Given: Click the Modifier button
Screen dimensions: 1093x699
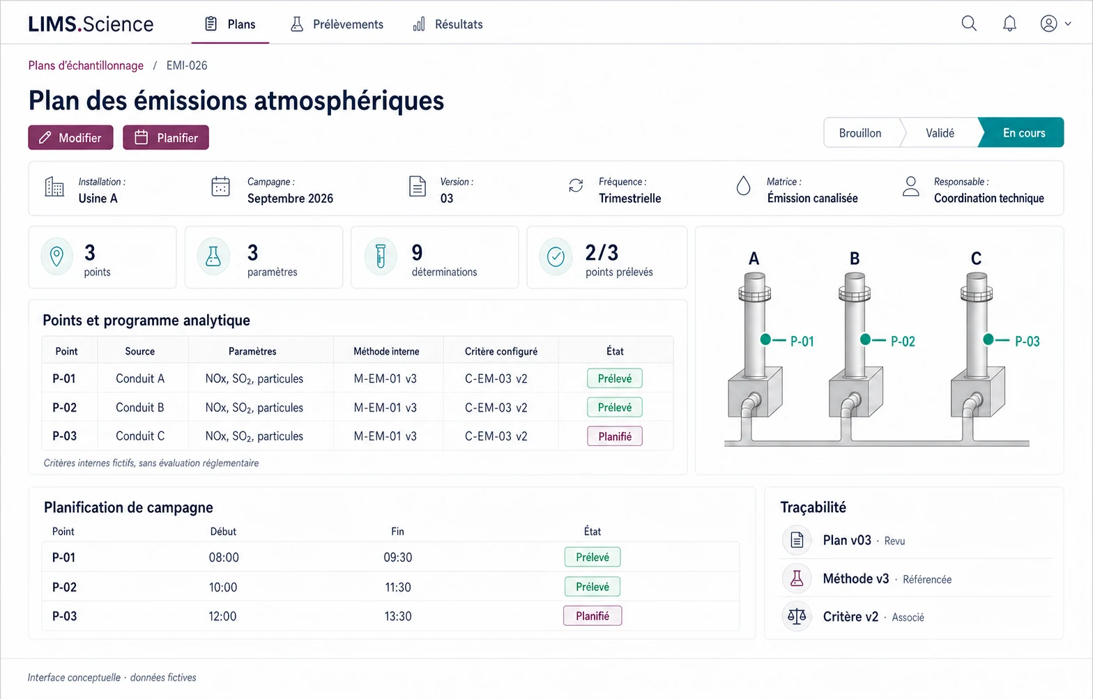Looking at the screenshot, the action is tap(71, 137).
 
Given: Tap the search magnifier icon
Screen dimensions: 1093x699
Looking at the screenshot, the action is tap(969, 24).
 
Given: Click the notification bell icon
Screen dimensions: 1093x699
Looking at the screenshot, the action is tap(1009, 24).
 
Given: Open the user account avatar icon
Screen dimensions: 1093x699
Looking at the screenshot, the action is tap(1048, 24).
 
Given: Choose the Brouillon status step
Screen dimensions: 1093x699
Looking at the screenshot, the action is tap(860, 132).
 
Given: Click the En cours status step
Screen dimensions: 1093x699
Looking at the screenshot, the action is tap(1024, 132).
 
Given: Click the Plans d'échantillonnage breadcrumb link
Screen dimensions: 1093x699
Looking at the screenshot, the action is tap(86, 66).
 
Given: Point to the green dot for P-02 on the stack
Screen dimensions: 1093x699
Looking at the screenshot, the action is tap(865, 339).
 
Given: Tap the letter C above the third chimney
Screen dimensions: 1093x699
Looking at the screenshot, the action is tap(976, 258).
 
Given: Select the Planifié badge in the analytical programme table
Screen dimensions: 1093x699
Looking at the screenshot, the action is tap(615, 436).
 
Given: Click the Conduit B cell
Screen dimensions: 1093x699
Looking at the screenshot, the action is tap(140, 407).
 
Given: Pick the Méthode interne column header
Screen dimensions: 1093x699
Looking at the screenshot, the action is tap(386, 351).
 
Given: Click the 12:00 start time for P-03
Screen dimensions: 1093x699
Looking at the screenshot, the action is tap(222, 616).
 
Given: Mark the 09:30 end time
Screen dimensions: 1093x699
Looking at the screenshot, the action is tap(397, 557).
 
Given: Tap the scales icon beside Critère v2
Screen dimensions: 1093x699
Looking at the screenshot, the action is tap(797, 617).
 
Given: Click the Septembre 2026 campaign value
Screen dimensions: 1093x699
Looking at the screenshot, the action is tap(290, 198).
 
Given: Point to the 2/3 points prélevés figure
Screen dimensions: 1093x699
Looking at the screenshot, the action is tap(602, 253).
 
